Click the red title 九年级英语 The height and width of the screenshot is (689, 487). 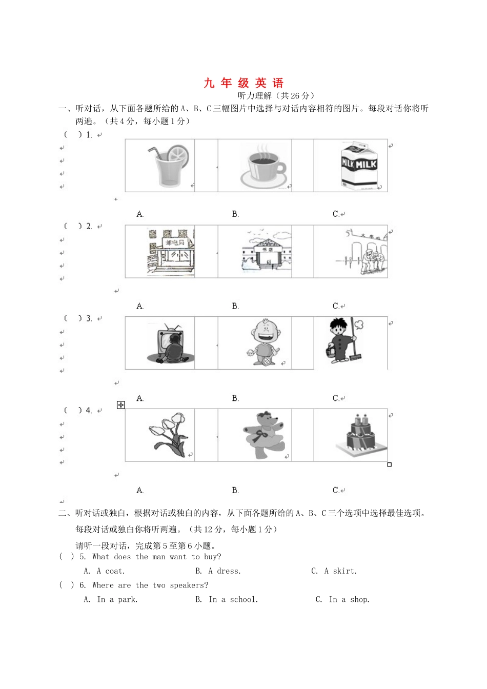(x=243, y=83)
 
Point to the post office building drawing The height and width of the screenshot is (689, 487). (x=171, y=252)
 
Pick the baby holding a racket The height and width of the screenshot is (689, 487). (x=263, y=342)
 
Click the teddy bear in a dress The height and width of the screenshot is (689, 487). (x=263, y=435)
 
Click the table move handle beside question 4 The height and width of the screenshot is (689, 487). (x=121, y=405)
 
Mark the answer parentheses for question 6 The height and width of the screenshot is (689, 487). (x=67, y=585)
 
